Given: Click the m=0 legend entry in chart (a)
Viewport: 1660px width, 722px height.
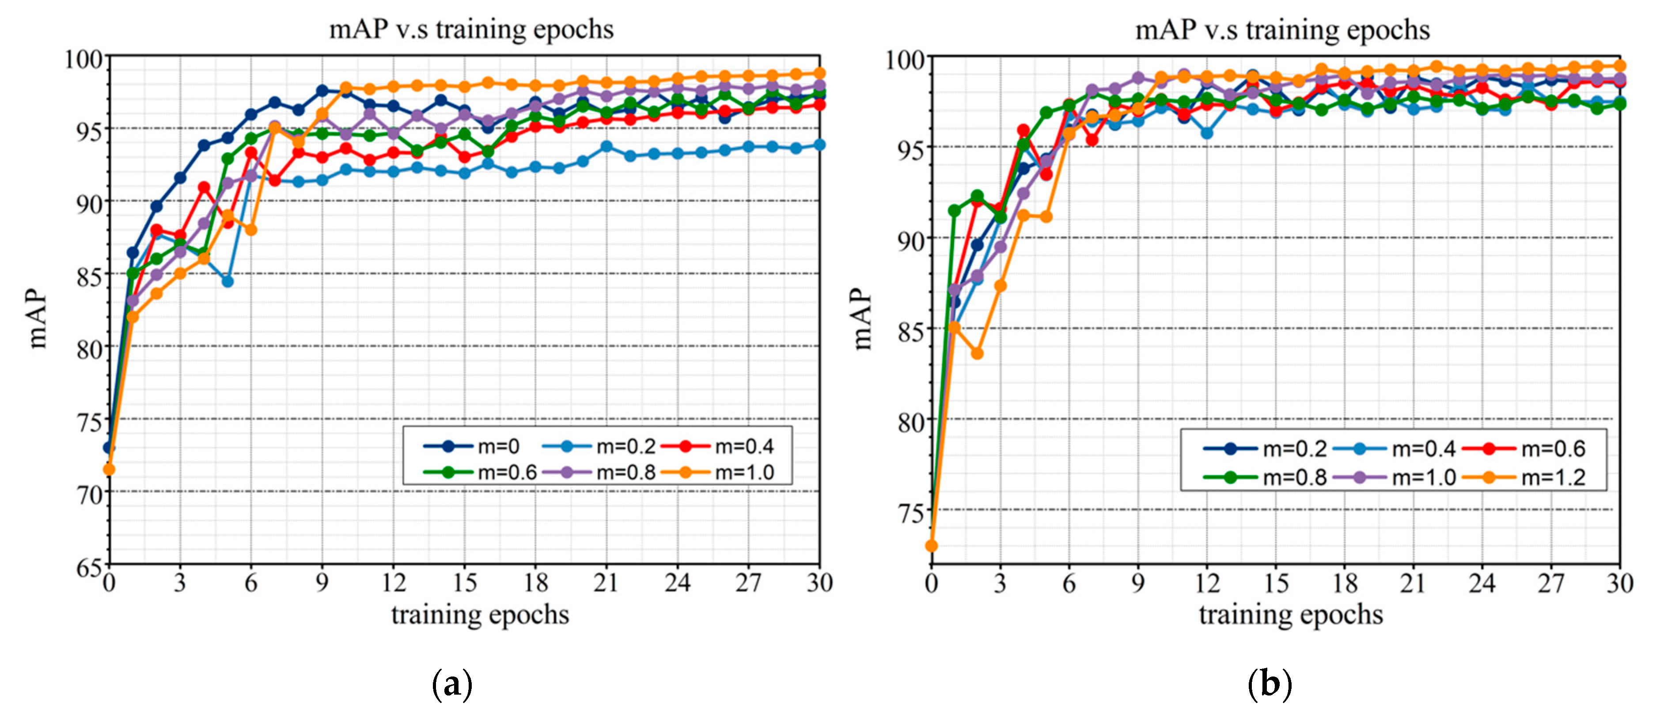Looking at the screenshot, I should click(474, 446).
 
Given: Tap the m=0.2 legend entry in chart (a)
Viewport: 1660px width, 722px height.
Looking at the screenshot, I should click(599, 446).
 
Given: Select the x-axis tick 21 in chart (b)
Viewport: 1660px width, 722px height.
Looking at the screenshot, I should click(1413, 583).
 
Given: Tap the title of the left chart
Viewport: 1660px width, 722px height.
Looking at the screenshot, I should click(471, 30).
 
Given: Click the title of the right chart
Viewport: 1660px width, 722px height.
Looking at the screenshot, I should click(1282, 30).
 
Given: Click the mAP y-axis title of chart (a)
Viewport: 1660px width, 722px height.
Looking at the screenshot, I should click(38, 318).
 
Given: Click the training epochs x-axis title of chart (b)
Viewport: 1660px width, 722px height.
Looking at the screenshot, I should click(1291, 614).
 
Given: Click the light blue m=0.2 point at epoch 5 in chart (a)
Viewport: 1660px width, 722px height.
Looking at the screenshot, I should click(227, 281).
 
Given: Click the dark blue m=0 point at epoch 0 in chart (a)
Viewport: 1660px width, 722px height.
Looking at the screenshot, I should click(109, 447).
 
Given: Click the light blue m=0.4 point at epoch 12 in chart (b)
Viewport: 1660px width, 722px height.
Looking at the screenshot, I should click(1207, 133).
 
